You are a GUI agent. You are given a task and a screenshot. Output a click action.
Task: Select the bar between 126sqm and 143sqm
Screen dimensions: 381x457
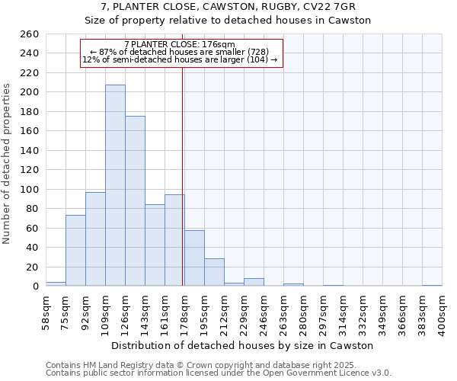coord(135,201)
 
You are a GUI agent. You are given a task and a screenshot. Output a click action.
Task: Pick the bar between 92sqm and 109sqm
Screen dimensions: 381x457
coord(95,239)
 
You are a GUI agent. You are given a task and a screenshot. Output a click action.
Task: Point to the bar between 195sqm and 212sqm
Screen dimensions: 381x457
coord(214,272)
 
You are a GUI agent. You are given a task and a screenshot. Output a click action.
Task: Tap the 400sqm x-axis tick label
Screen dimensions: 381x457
coord(447,312)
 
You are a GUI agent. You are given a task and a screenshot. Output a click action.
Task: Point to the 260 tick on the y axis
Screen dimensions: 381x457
coord(30,34)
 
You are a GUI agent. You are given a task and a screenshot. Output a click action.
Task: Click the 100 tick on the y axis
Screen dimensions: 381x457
coord(30,189)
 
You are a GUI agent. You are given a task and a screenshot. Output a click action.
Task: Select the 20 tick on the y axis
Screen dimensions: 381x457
coord(33,267)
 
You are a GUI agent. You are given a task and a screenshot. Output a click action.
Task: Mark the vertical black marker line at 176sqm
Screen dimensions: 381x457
coord(183,175)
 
